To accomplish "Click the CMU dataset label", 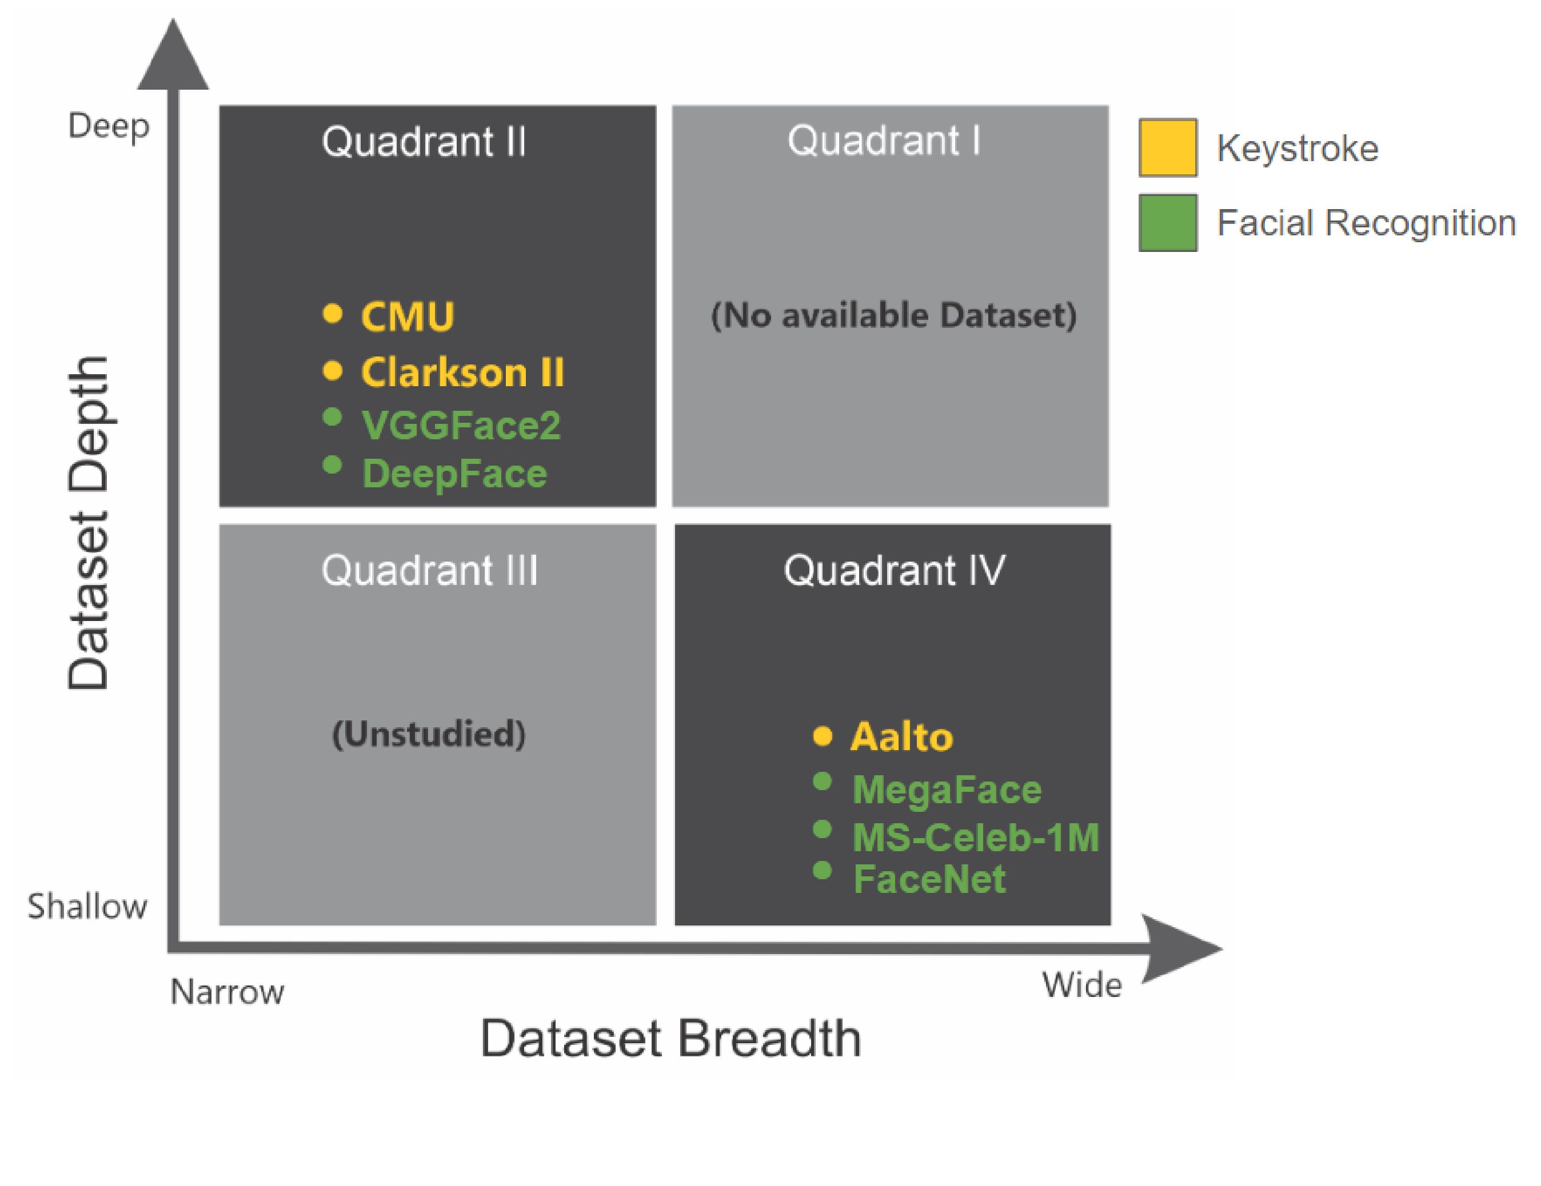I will click(407, 316).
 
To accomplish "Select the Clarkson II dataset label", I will click(462, 372).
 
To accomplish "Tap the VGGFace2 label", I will click(461, 425).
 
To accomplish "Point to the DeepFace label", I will click(454, 473).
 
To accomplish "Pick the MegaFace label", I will click(946, 789).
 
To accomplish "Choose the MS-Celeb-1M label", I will click(975, 838).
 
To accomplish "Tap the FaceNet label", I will click(929, 879).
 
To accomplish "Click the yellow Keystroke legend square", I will click(1168, 147).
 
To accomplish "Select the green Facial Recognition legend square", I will click(1168, 223).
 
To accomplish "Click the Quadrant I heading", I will click(884, 141).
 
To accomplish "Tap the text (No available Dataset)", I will click(893, 315).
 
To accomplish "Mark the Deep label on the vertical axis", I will click(109, 127).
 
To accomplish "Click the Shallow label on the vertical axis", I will click(87, 906).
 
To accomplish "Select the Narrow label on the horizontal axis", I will click(227, 992).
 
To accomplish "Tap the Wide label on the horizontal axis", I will click(1081, 985).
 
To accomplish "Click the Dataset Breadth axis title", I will click(670, 1039).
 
